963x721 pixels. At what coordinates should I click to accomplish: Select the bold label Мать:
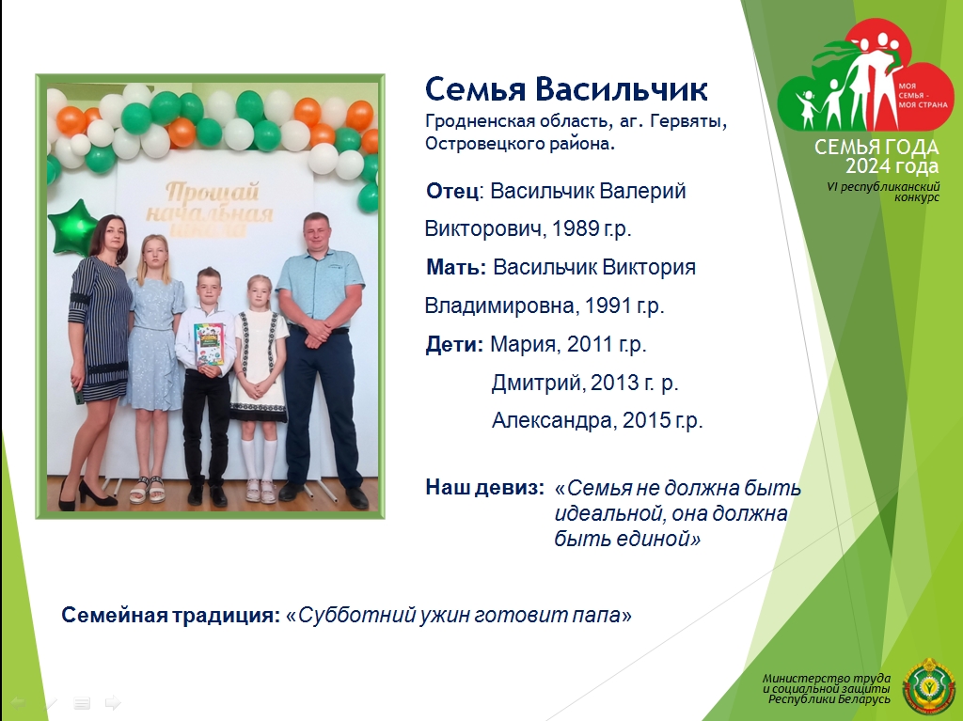tap(456, 267)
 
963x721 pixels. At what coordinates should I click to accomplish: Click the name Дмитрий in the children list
tap(535, 383)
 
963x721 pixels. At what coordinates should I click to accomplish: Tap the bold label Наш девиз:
tap(485, 488)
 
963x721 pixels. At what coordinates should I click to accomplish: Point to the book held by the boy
tap(209, 346)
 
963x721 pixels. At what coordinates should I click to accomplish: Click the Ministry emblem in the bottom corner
tap(928, 686)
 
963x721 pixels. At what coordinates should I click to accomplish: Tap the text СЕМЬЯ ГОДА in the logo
tap(876, 148)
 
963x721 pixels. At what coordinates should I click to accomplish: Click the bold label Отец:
tap(455, 191)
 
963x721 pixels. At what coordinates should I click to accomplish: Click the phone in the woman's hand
tap(78, 394)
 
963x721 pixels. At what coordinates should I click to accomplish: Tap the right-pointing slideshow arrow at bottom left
tap(113, 702)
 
